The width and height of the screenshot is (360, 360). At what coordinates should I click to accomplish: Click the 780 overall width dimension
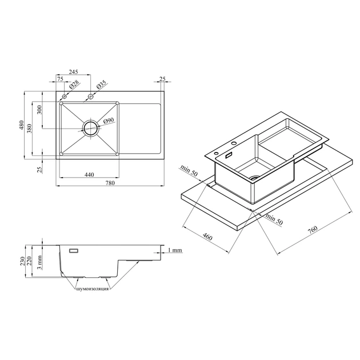(110, 183)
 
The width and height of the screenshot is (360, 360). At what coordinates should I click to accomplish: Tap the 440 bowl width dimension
(89, 175)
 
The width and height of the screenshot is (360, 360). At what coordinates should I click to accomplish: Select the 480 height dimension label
(21, 125)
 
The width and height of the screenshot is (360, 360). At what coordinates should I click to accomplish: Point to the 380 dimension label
(29, 129)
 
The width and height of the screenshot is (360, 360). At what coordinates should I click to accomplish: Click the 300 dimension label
(39, 110)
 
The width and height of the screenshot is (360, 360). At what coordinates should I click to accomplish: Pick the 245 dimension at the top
(74, 72)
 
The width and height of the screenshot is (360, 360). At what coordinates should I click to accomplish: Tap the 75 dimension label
(60, 79)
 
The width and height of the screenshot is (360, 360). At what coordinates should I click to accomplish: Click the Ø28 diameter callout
(74, 84)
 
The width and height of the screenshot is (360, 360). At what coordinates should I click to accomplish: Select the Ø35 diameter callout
(101, 84)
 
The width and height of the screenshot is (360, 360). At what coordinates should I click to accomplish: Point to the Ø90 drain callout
(109, 121)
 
